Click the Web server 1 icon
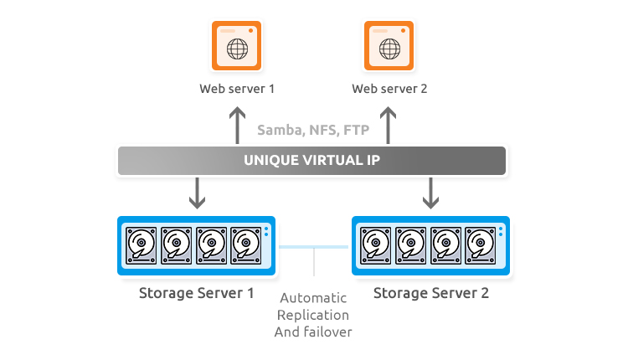coord(237,44)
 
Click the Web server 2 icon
coord(389,44)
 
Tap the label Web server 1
coord(237,88)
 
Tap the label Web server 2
coord(389,88)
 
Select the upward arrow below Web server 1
coord(237,125)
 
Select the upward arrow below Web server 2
coord(389,125)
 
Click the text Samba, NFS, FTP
coord(312,130)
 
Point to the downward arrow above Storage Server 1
coord(198,192)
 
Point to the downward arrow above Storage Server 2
coord(430,192)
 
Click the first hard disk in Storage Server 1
coord(142,245)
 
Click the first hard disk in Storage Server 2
coord(376,245)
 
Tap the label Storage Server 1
coord(197,293)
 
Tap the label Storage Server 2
coord(430,293)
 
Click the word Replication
coord(314,315)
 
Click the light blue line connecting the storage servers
coord(314,247)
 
